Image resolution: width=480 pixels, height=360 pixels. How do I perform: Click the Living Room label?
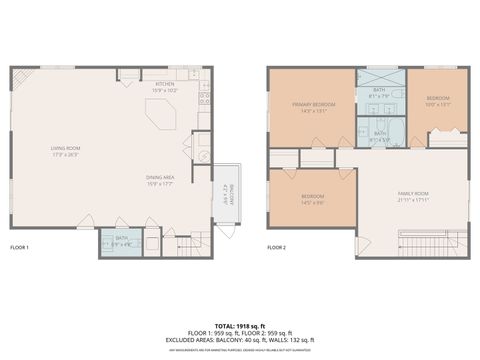coord(66,149)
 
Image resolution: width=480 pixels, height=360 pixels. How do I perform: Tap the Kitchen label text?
coord(163,85)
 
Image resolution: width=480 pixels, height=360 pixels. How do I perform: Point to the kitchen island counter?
coord(161,117)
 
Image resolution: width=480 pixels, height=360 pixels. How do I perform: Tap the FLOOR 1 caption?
coord(20,247)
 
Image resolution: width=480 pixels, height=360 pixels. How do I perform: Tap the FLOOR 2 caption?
coord(277,247)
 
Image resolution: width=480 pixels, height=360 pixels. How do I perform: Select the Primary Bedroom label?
coord(310,104)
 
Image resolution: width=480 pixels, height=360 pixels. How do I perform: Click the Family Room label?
coord(412,193)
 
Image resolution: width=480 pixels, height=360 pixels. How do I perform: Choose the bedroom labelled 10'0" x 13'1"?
coord(438,101)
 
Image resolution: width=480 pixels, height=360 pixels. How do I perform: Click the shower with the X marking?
coord(381,77)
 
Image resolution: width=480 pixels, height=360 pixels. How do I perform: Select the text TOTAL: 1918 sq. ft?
coord(240,326)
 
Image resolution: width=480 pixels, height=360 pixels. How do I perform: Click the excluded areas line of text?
coord(240,339)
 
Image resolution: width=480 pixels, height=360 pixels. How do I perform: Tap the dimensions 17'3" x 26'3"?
coord(66,155)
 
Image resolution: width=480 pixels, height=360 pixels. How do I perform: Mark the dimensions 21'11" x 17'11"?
coord(412,199)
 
